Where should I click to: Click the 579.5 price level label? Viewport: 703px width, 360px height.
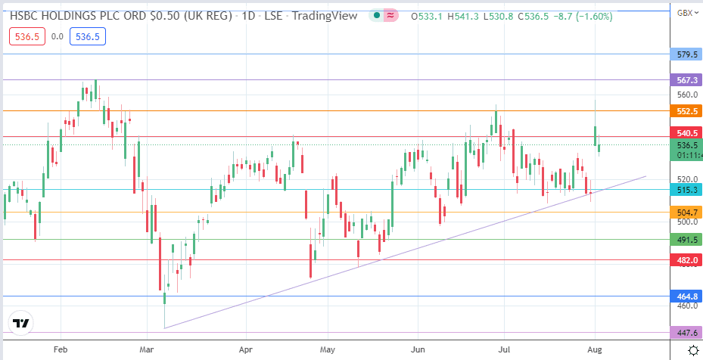tap(686, 54)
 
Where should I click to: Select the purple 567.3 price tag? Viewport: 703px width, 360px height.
tap(686, 79)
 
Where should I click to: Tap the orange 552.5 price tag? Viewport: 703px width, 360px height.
tap(686, 111)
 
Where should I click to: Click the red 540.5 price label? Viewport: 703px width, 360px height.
tap(686, 132)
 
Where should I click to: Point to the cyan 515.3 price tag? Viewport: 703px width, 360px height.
tap(686, 190)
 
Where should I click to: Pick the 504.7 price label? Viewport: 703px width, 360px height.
tap(686, 213)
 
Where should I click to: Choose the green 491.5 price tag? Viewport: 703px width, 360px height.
tap(686, 239)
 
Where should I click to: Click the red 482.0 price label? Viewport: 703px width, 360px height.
tap(686, 259)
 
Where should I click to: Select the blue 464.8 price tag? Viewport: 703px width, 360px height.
tap(686, 296)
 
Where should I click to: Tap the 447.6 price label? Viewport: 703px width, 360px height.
tap(686, 333)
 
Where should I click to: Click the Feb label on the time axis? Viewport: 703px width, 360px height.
tap(61, 350)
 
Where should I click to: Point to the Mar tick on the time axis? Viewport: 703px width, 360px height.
tap(148, 350)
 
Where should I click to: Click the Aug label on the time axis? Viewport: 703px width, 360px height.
tap(595, 350)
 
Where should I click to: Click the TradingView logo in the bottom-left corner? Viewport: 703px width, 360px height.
tap(21, 323)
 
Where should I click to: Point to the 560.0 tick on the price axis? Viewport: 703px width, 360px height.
tap(686, 95)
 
